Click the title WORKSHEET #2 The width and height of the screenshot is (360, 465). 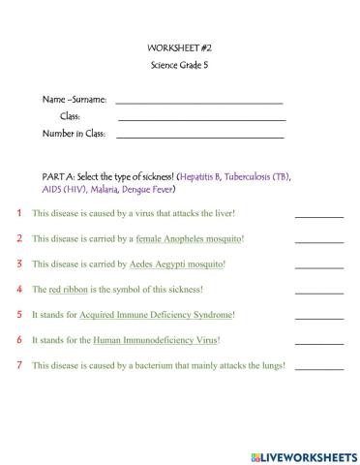[179, 47]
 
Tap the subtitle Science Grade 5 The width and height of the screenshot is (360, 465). [179, 65]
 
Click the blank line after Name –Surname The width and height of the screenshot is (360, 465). [198, 100]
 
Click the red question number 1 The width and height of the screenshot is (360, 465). [18, 213]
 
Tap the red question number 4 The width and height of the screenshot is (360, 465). [18, 289]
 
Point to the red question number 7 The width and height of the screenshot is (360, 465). [18, 365]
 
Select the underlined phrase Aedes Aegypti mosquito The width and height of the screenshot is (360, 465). [176, 263]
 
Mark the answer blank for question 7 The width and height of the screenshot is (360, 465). [318, 367]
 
